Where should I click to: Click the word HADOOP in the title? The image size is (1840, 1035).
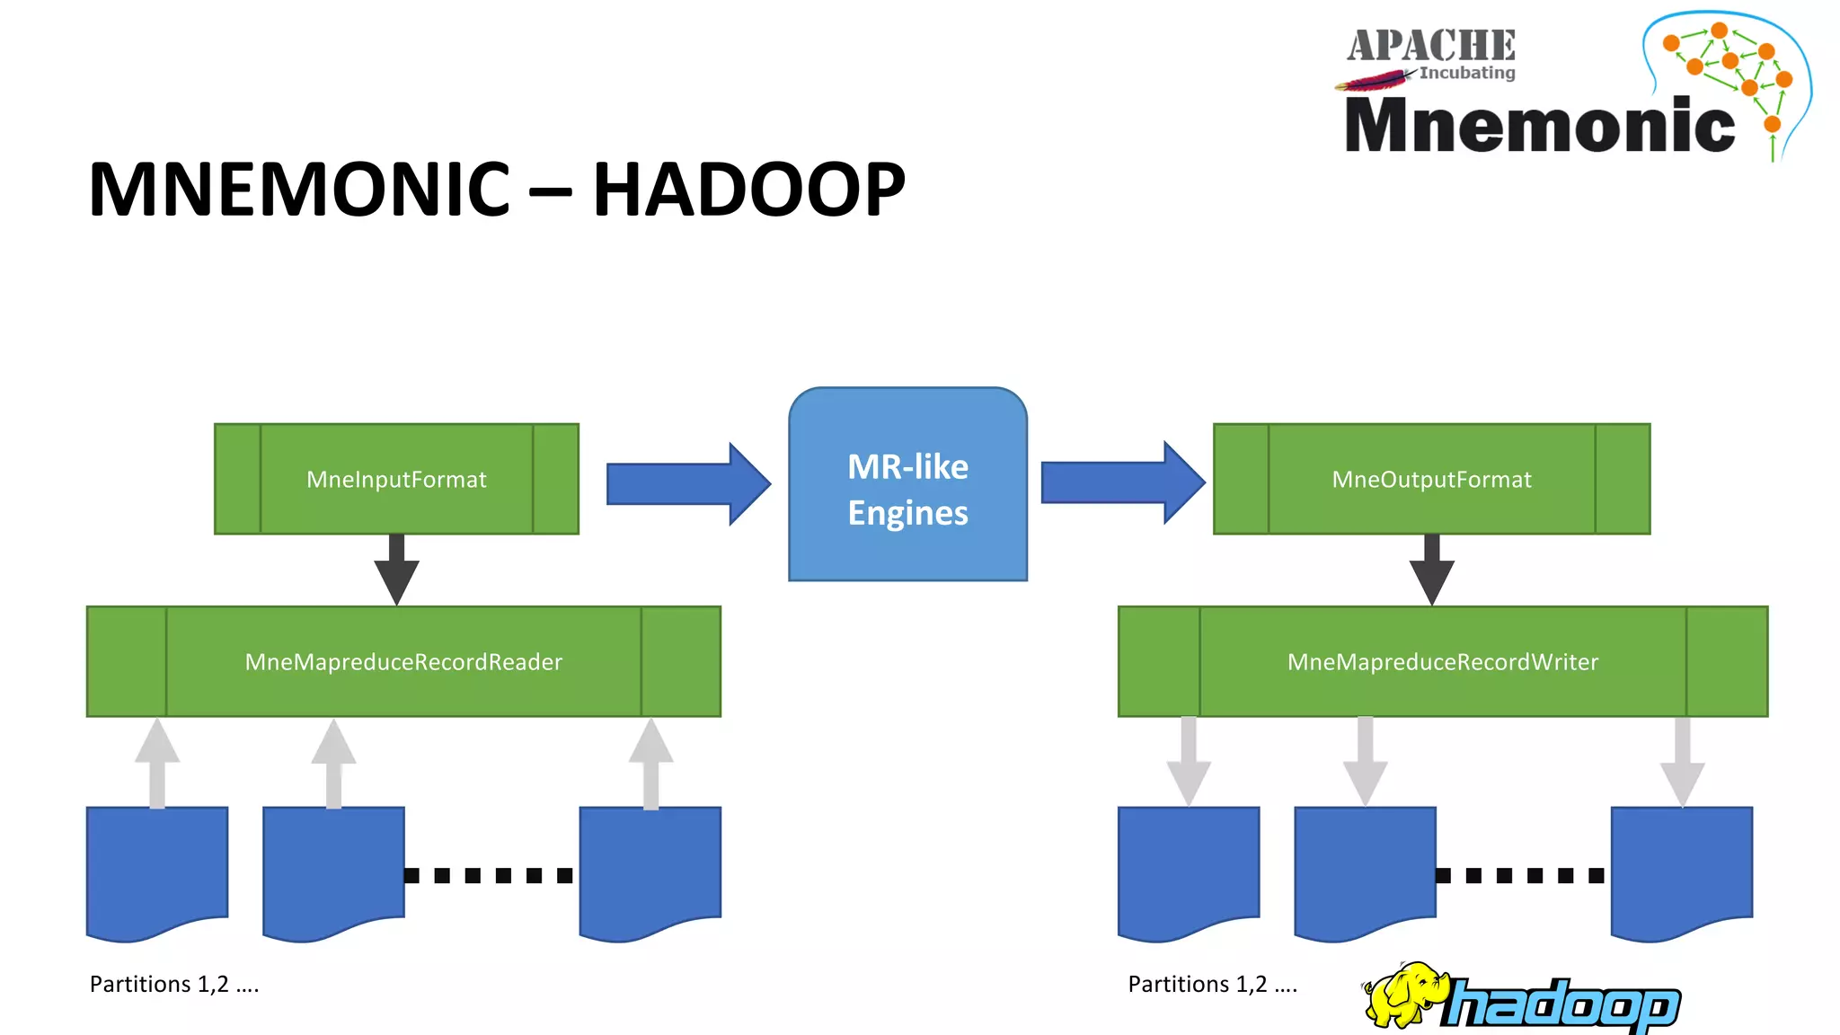[x=748, y=190]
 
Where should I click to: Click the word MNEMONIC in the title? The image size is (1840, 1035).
[x=299, y=190]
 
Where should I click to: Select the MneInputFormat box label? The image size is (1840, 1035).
[x=396, y=480]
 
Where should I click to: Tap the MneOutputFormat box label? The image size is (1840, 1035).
[x=1431, y=480]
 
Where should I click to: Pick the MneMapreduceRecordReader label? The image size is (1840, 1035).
[x=403, y=662]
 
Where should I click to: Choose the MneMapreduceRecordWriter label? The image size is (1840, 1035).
[x=1442, y=662]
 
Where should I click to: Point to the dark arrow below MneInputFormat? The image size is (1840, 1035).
[x=396, y=571]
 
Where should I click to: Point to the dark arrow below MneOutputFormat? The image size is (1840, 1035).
[x=1431, y=571]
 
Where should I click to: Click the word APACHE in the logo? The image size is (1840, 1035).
[x=1430, y=45]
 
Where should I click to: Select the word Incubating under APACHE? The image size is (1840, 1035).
[x=1466, y=73]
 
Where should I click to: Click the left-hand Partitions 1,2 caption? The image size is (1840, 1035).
[x=174, y=985]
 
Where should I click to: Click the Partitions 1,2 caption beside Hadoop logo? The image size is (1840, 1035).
[x=1212, y=985]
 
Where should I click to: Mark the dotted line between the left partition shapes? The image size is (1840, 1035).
[x=489, y=875]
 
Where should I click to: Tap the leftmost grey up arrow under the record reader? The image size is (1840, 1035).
[x=157, y=764]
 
